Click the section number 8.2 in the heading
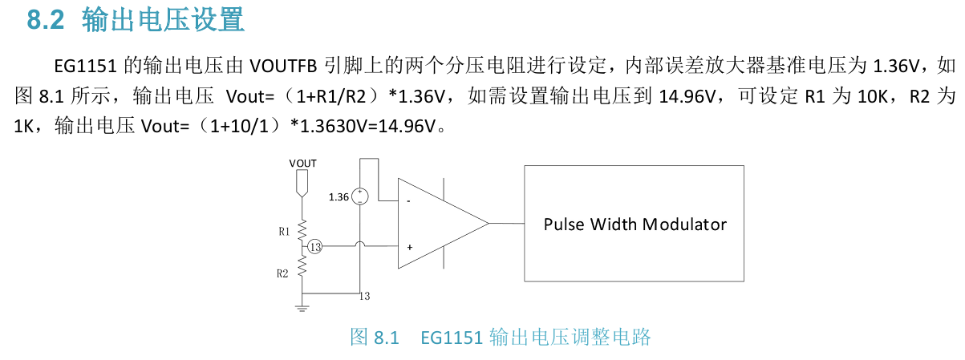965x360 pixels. tap(45, 19)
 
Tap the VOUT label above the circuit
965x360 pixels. tap(302, 163)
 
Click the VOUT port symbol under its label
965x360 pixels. tap(302, 185)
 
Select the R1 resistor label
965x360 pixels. tap(284, 232)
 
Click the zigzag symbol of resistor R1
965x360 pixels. tap(302, 231)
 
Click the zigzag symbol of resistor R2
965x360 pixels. tap(302, 267)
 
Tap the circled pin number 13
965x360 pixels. tap(315, 247)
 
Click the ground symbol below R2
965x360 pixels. tap(302, 305)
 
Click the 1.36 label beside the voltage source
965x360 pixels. tap(339, 197)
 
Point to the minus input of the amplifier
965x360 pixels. tap(409, 201)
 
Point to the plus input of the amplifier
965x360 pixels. tap(409, 247)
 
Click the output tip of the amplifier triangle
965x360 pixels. tap(487, 224)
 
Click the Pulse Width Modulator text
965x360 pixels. tap(635, 224)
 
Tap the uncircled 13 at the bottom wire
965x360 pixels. tap(365, 297)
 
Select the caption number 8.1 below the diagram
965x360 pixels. tap(386, 338)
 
